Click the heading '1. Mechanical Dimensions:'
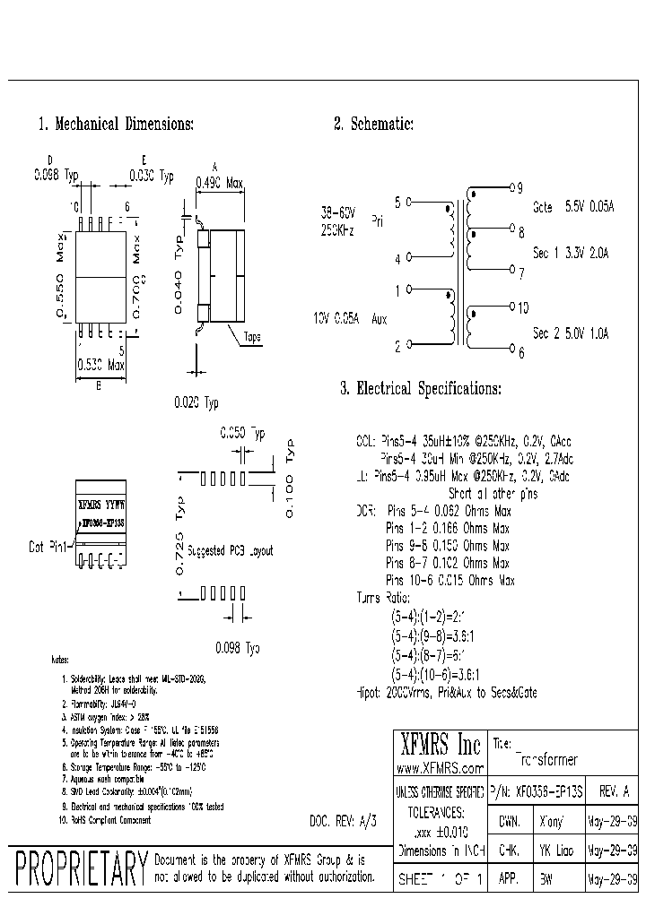pyautogui.click(x=116, y=124)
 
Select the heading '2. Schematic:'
pyautogui.click(x=373, y=124)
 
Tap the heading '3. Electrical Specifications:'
pyautogui.click(x=420, y=389)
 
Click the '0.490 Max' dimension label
pyautogui.click(x=220, y=184)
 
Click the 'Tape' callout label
pyautogui.click(x=251, y=338)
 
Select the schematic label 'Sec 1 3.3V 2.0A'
pyautogui.click(x=571, y=254)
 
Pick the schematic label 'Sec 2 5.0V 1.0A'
pyautogui.click(x=571, y=333)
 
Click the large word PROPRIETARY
pyautogui.click(x=81, y=869)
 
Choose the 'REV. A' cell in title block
pyautogui.click(x=613, y=791)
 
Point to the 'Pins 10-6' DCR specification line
pyautogui.click(x=450, y=581)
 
